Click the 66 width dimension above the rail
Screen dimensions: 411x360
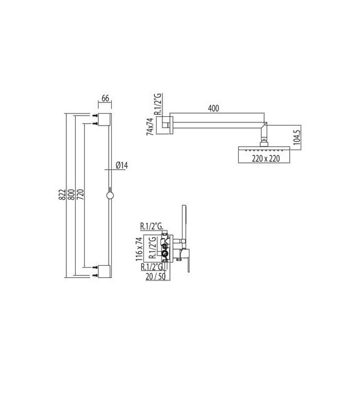point(105,98)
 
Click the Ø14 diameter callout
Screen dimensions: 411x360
point(122,166)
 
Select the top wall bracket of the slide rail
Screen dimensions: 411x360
point(104,119)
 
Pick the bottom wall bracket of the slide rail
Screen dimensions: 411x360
point(104,272)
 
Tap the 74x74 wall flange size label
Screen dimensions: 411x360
point(150,126)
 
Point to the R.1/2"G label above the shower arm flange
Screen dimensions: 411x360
point(159,104)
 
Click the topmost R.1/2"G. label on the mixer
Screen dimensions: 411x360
point(152,226)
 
